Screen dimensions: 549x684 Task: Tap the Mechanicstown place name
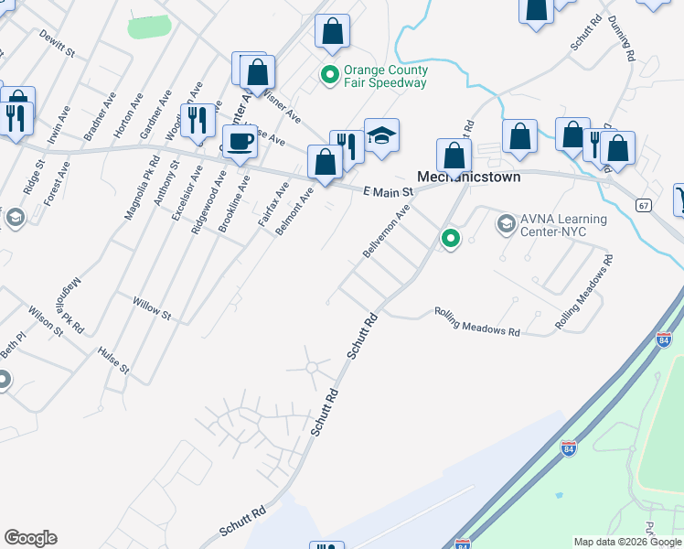coord(469,177)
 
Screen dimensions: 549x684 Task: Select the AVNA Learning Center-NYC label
coord(564,225)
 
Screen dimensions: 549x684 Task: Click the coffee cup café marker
coord(240,142)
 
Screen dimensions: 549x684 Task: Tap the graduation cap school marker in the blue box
coord(381,135)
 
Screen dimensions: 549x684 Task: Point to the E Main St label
coord(389,192)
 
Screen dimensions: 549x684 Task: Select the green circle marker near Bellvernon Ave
coord(450,239)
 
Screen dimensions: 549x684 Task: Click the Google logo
coord(30,538)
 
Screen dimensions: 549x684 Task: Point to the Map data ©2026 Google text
coord(627,542)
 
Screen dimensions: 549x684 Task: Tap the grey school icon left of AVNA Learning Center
coord(506,223)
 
